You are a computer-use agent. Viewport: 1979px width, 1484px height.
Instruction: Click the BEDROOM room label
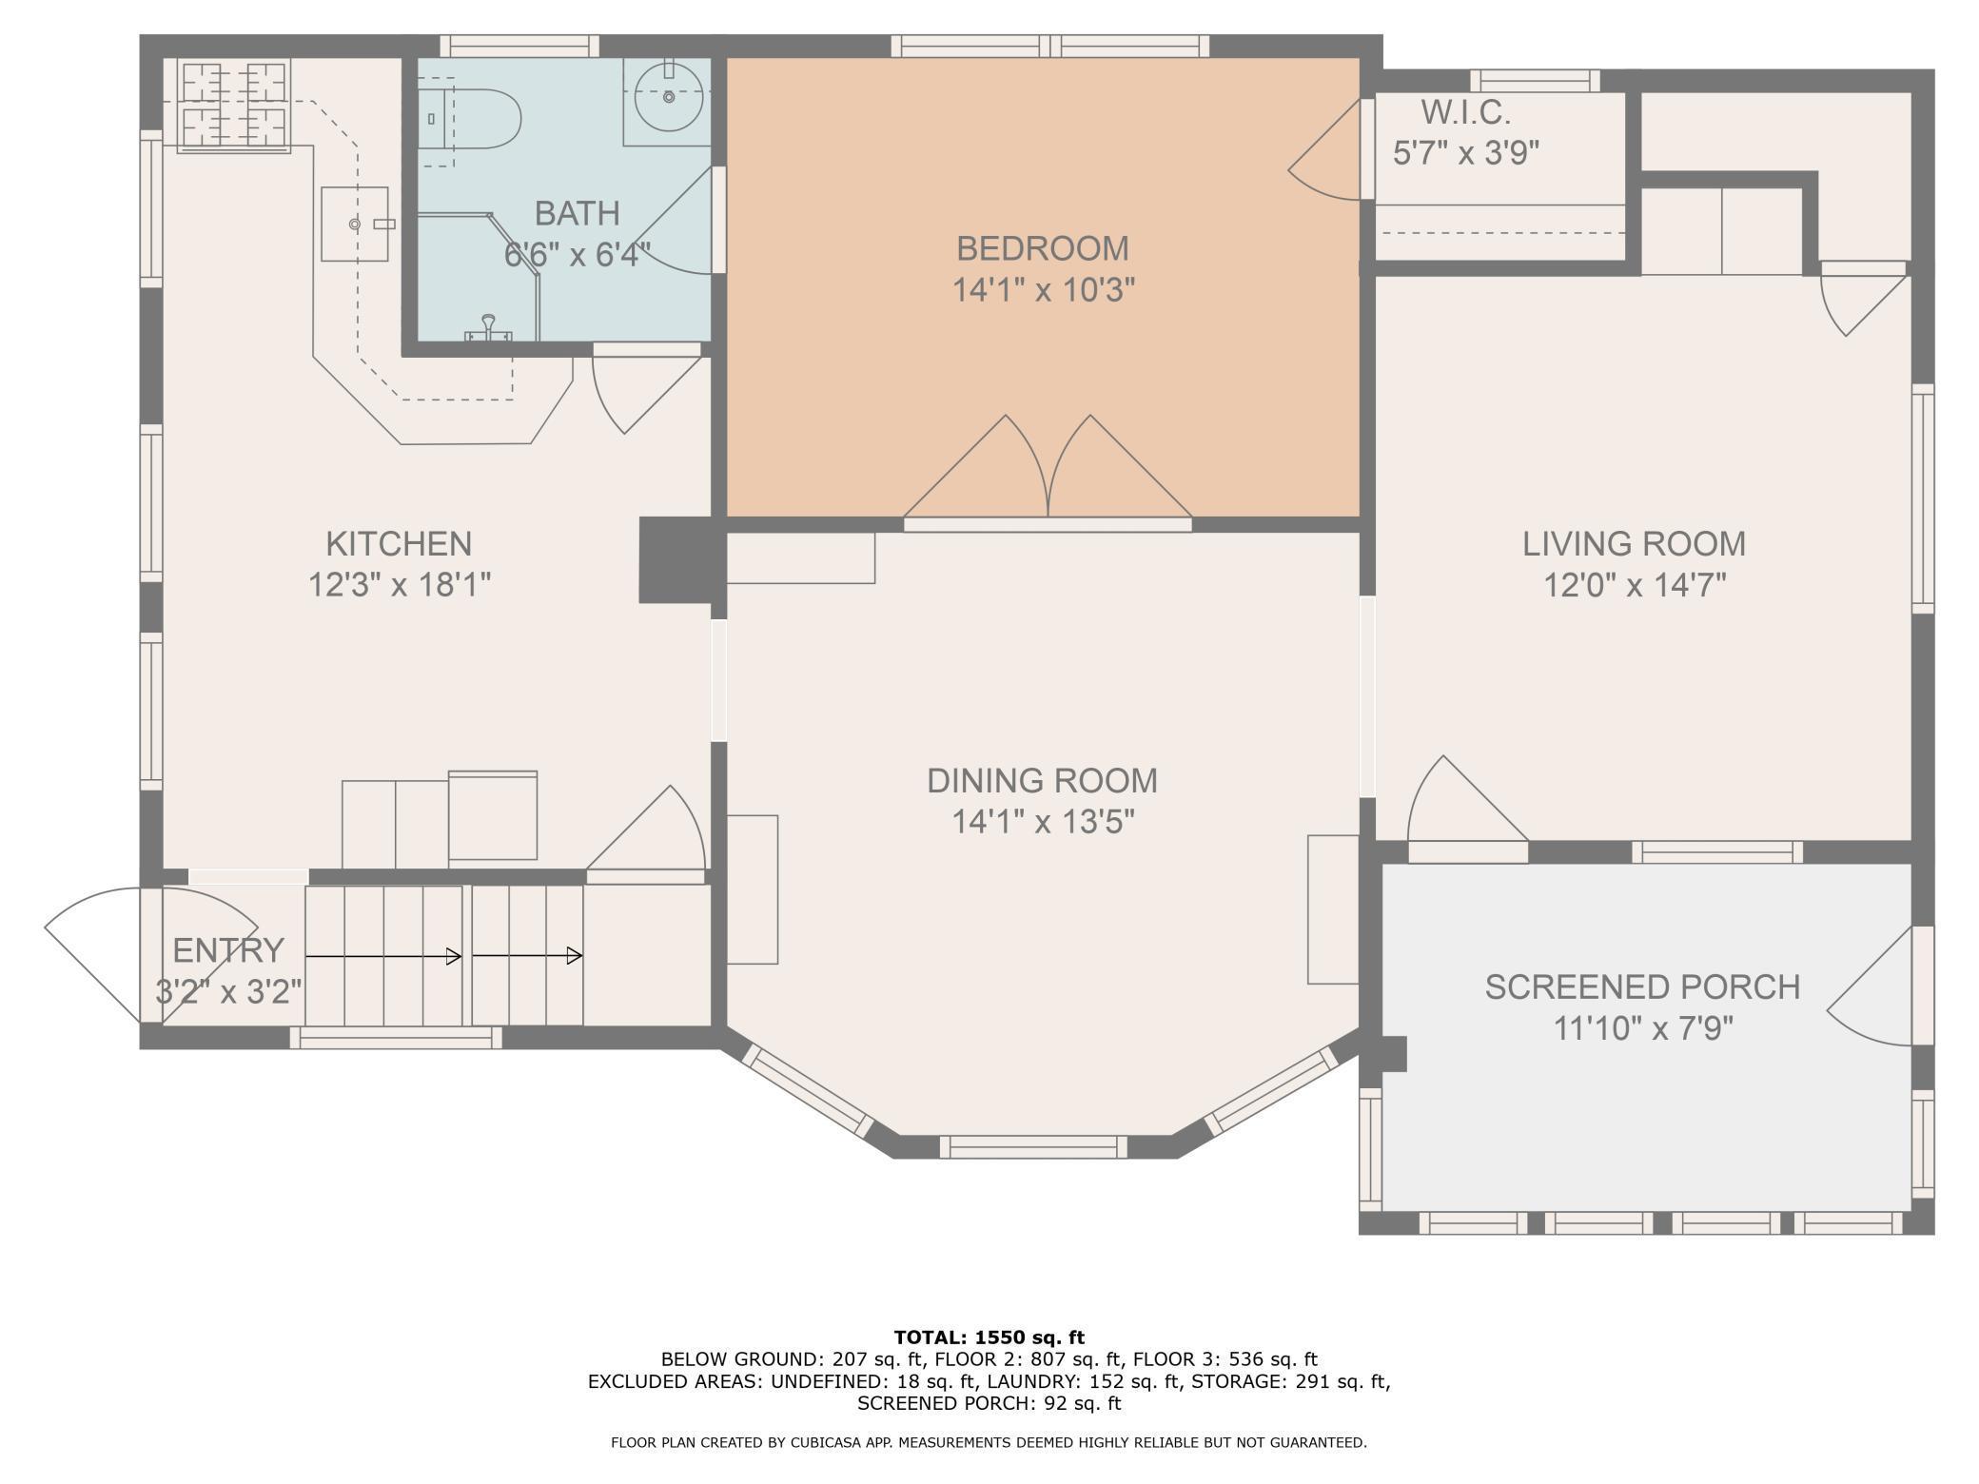pos(1042,248)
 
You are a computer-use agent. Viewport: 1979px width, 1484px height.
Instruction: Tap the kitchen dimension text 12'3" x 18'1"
pos(399,584)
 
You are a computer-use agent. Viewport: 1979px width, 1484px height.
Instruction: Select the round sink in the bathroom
pos(669,96)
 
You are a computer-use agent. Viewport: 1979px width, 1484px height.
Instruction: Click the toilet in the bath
pos(470,119)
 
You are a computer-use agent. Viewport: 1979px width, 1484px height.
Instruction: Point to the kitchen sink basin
pos(355,224)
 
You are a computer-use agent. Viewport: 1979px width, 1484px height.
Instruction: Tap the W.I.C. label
pos(1465,112)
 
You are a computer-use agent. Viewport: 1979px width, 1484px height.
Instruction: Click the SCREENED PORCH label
pos(1642,986)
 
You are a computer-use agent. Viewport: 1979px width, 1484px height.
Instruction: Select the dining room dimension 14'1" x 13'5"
pos(1043,821)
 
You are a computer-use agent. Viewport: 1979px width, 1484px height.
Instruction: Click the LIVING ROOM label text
pos(1634,543)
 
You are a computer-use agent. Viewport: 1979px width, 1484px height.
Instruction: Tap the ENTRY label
pos(228,949)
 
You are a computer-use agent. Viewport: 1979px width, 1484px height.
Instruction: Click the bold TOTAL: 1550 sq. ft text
pos(989,1338)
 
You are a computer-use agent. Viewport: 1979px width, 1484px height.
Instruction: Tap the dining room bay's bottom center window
pos(1033,1147)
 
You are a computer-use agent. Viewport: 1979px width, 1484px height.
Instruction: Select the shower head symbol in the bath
pos(489,327)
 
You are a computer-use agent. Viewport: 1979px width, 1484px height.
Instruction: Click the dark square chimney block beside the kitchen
pos(676,559)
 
